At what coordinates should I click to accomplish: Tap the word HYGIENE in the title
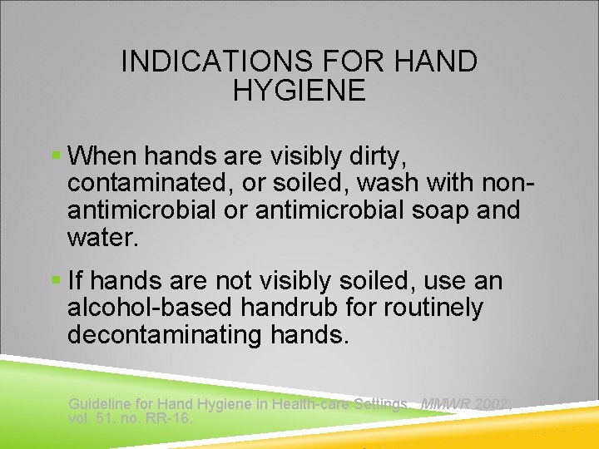299,91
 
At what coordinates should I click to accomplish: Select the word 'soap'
447,210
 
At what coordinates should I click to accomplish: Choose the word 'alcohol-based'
151,308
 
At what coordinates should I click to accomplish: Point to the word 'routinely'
433,308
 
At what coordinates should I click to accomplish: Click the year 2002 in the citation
493,404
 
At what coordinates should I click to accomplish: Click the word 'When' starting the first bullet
106,156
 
